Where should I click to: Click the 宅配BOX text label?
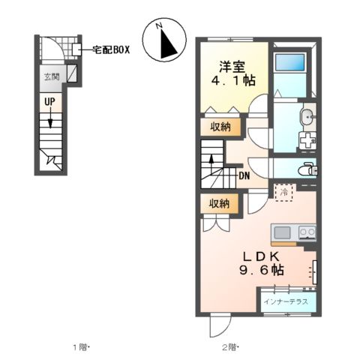click(x=111, y=49)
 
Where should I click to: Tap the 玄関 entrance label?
click(x=50, y=76)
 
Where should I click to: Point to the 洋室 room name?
click(x=232, y=65)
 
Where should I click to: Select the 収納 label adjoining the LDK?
click(x=219, y=202)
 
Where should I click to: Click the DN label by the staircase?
click(x=244, y=177)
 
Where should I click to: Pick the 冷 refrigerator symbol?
click(x=283, y=192)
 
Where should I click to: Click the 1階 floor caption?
click(x=81, y=346)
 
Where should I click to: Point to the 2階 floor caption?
click(x=229, y=346)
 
